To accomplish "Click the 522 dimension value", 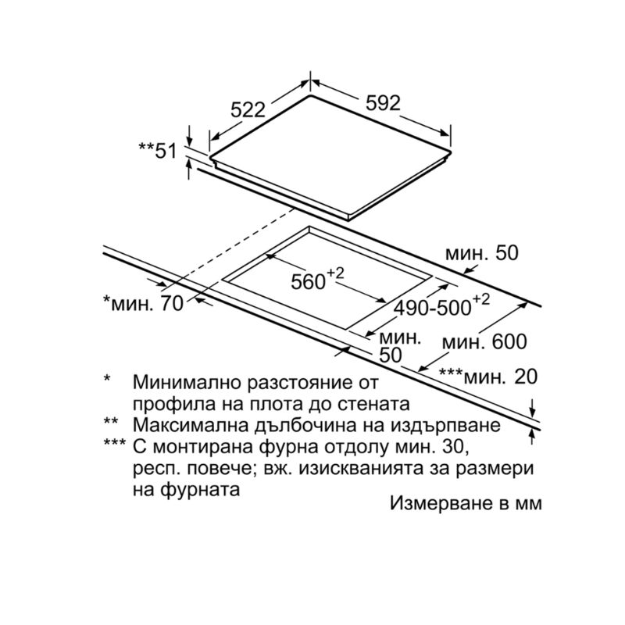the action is [x=248, y=109].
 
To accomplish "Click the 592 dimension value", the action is [x=383, y=103].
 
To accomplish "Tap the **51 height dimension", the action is [x=158, y=150].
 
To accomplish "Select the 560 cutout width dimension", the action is [x=317, y=280].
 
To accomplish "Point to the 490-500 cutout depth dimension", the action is [x=441, y=305].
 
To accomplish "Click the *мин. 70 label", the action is [x=143, y=303].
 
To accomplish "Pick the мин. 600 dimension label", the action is [x=484, y=341].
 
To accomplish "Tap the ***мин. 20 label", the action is [x=488, y=376].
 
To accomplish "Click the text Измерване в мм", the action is [x=466, y=502].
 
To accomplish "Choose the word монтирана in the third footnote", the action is [x=202, y=447].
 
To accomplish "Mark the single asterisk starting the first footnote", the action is [x=106, y=377].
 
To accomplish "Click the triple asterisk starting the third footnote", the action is [x=115, y=442].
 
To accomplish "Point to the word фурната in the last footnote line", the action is [x=200, y=490].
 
